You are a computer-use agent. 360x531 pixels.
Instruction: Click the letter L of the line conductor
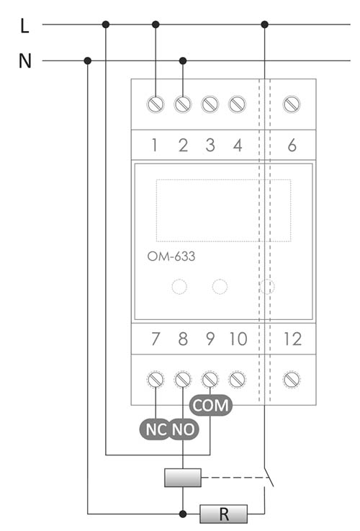[24, 26]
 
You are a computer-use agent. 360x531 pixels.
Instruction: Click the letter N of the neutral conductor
[25, 61]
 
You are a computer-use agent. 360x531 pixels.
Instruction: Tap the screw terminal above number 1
[156, 104]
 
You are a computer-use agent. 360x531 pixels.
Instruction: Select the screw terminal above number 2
[183, 104]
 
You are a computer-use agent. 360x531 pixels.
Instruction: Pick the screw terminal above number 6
[292, 104]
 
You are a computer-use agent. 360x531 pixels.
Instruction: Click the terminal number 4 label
[238, 146]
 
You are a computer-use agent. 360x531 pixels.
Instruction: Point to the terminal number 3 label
[210, 146]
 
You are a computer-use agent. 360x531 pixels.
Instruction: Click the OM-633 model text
[171, 256]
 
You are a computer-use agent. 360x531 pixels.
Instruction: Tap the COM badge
[211, 405]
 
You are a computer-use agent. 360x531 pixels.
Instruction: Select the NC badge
[156, 429]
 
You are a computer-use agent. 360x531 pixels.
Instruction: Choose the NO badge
[183, 429]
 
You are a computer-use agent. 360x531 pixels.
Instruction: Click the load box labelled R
[224, 514]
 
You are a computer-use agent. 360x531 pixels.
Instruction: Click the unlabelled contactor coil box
[183, 478]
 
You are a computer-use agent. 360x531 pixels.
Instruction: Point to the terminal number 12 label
[292, 339]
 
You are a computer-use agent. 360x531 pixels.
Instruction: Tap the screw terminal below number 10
[237, 380]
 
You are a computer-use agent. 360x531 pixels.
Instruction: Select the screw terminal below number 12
[292, 380]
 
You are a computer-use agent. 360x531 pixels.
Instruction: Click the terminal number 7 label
[156, 339]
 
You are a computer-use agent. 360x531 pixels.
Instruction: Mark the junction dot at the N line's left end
[88, 61]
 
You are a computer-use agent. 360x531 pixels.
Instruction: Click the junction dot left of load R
[183, 514]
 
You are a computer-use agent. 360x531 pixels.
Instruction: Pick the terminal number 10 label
[238, 339]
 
